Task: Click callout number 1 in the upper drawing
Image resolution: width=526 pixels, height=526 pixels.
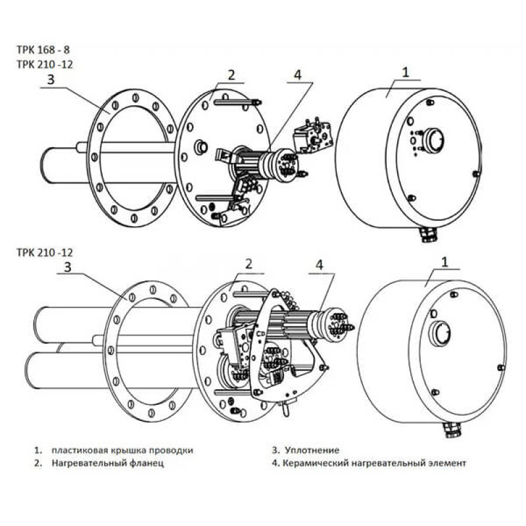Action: (406, 71)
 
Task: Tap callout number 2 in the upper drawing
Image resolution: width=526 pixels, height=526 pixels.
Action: (231, 74)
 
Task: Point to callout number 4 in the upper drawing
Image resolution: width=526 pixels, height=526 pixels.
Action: (297, 74)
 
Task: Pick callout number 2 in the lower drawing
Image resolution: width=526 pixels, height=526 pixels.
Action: (249, 264)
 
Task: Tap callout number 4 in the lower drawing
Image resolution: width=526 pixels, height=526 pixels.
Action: (320, 265)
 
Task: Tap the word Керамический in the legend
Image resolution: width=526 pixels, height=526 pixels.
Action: (314, 463)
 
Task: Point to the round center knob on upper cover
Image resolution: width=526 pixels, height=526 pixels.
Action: (434, 139)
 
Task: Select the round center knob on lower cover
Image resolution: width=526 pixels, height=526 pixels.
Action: (441, 333)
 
